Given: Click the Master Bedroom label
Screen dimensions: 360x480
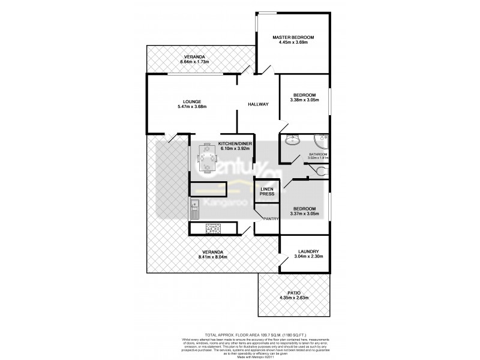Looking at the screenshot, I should [x=293, y=37].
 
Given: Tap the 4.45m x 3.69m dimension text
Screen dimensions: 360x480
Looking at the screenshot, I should [x=293, y=43].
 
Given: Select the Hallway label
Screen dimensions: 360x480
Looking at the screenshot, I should [x=258, y=105].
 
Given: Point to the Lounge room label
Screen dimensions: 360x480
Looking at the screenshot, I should [x=192, y=101].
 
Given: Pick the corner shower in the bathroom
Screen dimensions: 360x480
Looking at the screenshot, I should [x=322, y=142].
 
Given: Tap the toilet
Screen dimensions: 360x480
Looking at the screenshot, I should [x=323, y=172].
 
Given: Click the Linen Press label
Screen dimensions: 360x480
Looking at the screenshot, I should [x=267, y=191].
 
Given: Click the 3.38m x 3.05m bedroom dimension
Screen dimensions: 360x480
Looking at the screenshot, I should [x=304, y=101].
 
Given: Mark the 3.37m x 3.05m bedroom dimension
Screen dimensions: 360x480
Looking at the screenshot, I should [x=304, y=214].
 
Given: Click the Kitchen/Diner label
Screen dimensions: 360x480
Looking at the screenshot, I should [x=235, y=144].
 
